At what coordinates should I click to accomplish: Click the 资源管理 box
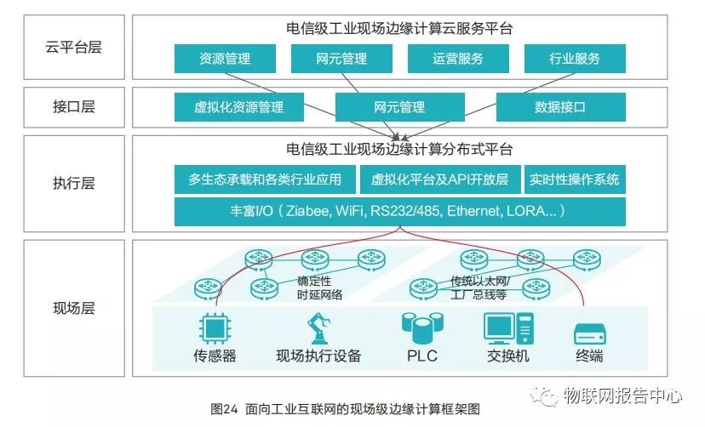pyautogui.click(x=225, y=59)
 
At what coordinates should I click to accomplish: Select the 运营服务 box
pyautogui.click(x=457, y=59)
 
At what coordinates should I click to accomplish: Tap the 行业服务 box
pyautogui.click(x=575, y=59)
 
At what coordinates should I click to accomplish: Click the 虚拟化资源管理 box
pyautogui.click(x=238, y=107)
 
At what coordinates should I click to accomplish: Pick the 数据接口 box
pyautogui.click(x=559, y=107)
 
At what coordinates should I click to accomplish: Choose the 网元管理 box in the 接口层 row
pyautogui.click(x=398, y=107)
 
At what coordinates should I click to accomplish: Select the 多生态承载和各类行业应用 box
pyautogui.click(x=265, y=179)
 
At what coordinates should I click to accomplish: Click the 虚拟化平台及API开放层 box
pyautogui.click(x=439, y=179)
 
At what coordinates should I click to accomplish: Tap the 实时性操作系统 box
pyautogui.click(x=575, y=179)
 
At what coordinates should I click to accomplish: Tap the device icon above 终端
pyautogui.click(x=589, y=332)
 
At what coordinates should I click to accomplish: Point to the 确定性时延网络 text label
pyautogui.click(x=319, y=288)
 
